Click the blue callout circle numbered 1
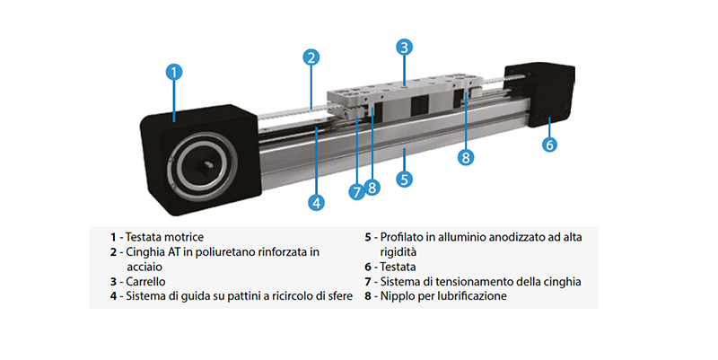coord(173,72)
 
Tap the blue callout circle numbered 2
coord(311,57)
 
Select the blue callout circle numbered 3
coord(404,47)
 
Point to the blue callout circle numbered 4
coord(317,202)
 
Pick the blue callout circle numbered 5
coord(404,179)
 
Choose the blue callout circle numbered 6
coord(549,145)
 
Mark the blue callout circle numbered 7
coord(356,191)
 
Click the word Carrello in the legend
coord(145,281)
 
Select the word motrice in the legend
coord(184,237)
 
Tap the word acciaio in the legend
coord(144,267)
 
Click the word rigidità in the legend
coord(398,252)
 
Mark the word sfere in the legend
coord(340,296)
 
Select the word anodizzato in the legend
coord(516,237)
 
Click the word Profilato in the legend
coord(402,237)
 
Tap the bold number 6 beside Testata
coord(368,267)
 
